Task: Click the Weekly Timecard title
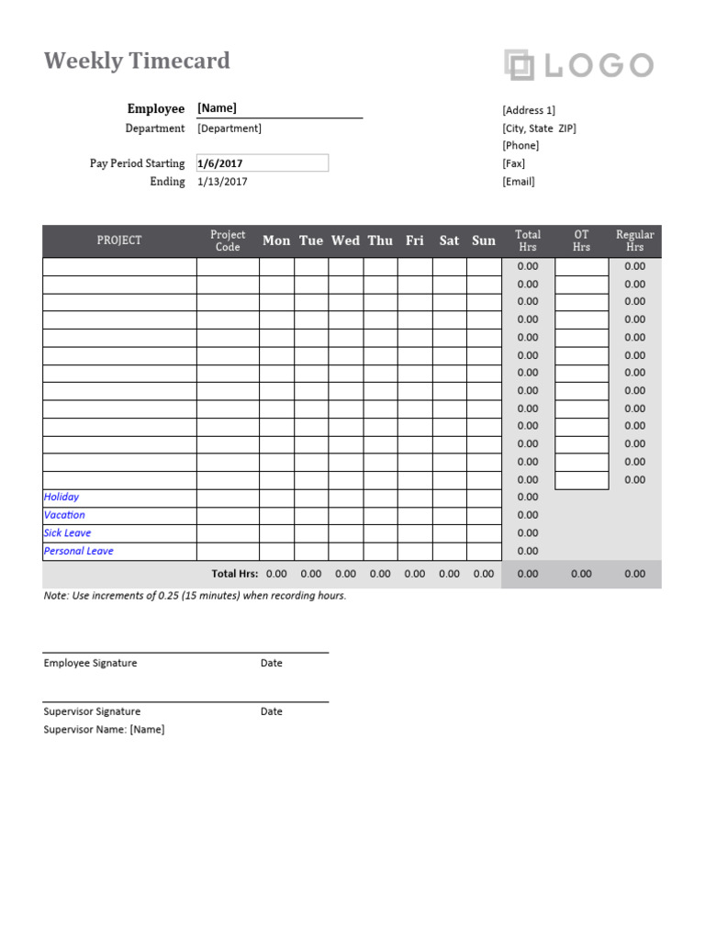pyautogui.click(x=137, y=62)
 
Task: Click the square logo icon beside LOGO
pyautogui.click(x=519, y=65)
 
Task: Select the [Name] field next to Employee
pyautogui.click(x=217, y=108)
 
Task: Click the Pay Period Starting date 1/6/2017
pyautogui.click(x=220, y=163)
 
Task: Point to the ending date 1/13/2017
pyautogui.click(x=222, y=182)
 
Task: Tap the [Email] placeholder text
pyautogui.click(x=519, y=182)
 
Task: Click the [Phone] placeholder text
pyautogui.click(x=520, y=145)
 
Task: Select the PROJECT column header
pyautogui.click(x=119, y=241)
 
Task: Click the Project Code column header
pyautogui.click(x=228, y=241)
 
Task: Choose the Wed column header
pyautogui.click(x=345, y=241)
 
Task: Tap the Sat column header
pyautogui.click(x=449, y=241)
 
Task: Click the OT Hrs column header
pyautogui.click(x=581, y=241)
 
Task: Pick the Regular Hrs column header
pyautogui.click(x=635, y=241)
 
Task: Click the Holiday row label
pyautogui.click(x=62, y=497)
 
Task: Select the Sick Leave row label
pyautogui.click(x=67, y=532)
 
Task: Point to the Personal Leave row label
pyautogui.click(x=79, y=551)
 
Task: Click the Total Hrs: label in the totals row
pyautogui.click(x=235, y=574)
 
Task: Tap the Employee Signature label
pyautogui.click(x=90, y=663)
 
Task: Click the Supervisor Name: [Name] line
pyautogui.click(x=104, y=730)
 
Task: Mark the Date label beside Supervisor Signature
pyautogui.click(x=272, y=711)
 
